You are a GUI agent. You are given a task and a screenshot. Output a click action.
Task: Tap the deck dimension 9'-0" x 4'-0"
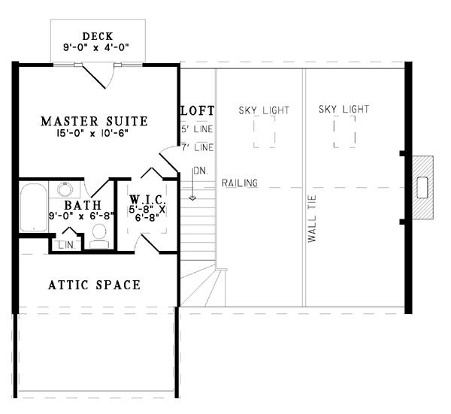96,47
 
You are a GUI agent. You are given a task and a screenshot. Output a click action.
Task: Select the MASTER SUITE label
95,121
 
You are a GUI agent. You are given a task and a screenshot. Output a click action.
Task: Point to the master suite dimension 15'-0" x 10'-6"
92,133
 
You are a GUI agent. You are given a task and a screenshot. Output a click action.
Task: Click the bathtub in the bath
34,207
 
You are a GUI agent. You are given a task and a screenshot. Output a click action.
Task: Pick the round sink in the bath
65,189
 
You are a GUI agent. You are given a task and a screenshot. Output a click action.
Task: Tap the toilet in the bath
99,236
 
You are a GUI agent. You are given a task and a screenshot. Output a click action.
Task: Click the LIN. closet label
67,245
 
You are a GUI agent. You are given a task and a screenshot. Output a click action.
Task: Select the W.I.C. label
147,199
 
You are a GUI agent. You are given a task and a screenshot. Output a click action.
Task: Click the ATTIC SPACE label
95,285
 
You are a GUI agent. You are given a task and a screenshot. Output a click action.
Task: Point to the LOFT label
198,110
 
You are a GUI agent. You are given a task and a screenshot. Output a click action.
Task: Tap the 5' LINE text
197,129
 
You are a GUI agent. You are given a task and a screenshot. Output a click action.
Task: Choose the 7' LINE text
197,147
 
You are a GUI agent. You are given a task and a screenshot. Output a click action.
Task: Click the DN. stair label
201,171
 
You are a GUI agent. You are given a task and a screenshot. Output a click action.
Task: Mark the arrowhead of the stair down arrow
192,198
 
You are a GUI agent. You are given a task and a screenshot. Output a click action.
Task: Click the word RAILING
240,183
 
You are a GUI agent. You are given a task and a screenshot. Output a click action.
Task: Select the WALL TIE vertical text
312,219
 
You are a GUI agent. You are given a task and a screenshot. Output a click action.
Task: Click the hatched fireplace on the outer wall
422,187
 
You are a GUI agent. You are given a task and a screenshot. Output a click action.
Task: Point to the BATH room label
83,205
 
